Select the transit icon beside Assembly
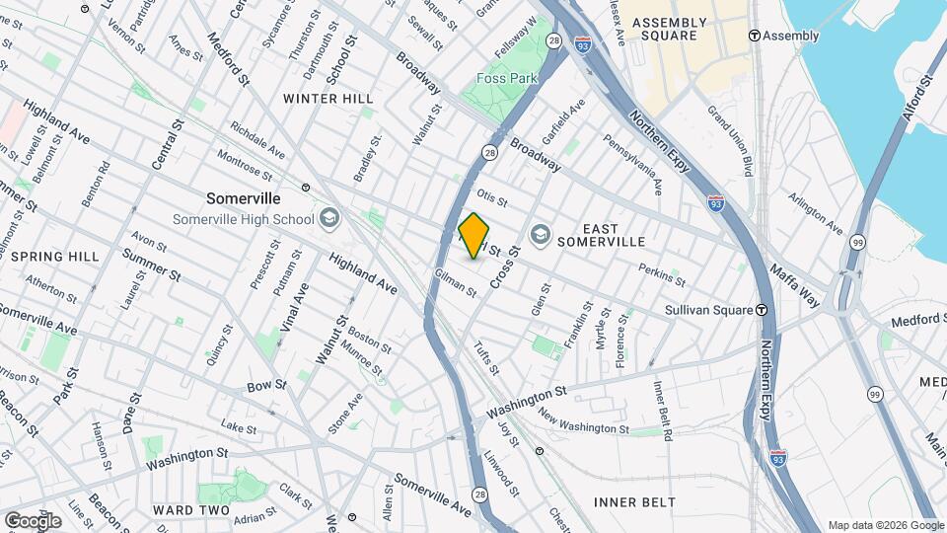point(755,36)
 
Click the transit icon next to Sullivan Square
point(763,309)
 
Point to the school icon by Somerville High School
point(328,219)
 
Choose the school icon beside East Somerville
point(540,234)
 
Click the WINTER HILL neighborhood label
point(328,99)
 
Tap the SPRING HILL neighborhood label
point(55,257)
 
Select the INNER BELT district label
point(634,502)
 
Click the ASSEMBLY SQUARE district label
point(670,29)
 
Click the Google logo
point(32,520)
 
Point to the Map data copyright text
point(885,525)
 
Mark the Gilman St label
point(456,283)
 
